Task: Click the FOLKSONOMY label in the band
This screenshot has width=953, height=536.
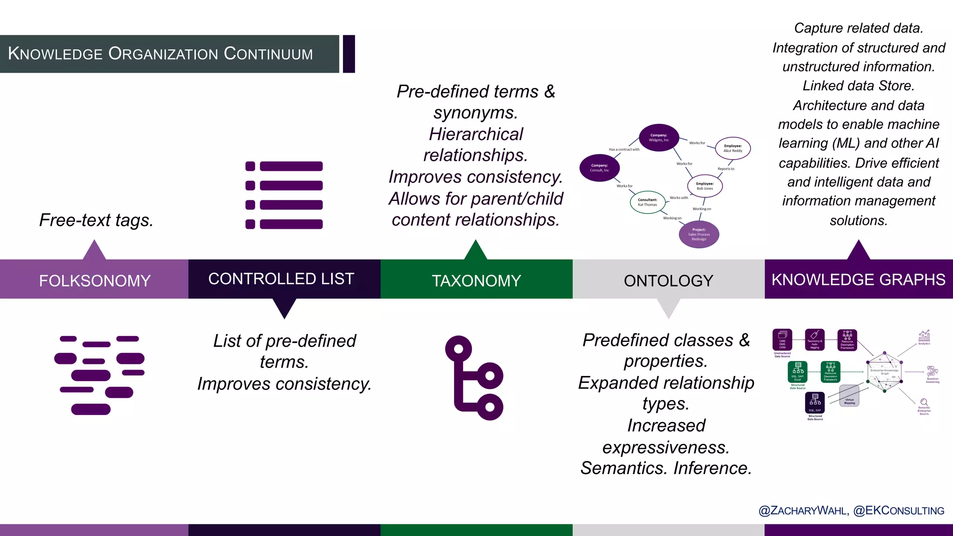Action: click(94, 281)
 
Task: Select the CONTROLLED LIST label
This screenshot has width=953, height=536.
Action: click(281, 279)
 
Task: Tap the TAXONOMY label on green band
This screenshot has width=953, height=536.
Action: click(476, 281)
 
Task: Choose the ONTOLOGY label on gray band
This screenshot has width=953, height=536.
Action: click(668, 281)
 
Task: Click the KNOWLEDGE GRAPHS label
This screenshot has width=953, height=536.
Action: click(858, 280)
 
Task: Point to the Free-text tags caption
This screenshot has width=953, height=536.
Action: click(96, 220)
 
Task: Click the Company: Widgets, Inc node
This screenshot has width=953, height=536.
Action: click(658, 138)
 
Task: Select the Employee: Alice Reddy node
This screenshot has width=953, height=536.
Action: click(732, 148)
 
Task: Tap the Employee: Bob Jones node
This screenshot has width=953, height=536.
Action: click(705, 186)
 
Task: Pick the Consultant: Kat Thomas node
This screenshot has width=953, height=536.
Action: click(647, 202)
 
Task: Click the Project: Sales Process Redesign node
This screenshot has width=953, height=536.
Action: click(698, 234)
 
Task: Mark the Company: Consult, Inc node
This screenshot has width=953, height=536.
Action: click(599, 168)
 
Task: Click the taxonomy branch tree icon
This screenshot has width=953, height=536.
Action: click(475, 378)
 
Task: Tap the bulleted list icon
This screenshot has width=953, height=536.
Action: click(284, 195)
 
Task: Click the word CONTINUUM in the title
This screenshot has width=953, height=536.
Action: click(268, 54)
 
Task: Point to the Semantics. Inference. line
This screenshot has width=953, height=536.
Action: click(666, 468)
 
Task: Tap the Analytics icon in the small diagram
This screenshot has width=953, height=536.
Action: click(924, 337)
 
